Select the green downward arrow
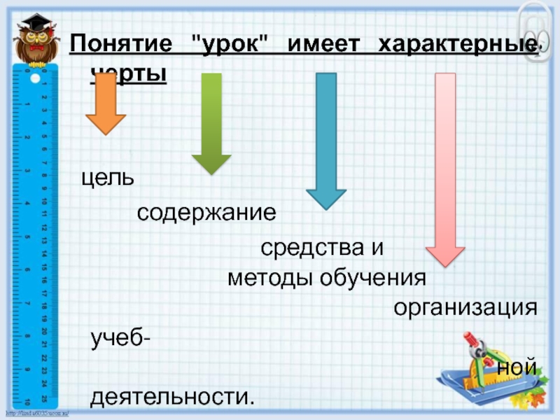coord(211,122)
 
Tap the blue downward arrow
coord(326,140)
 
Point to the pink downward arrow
coord(446,168)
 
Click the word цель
coord(108,178)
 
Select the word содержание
coord(206,211)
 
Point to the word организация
coord(465,307)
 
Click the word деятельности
coord(172,397)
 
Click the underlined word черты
coord(129,72)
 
